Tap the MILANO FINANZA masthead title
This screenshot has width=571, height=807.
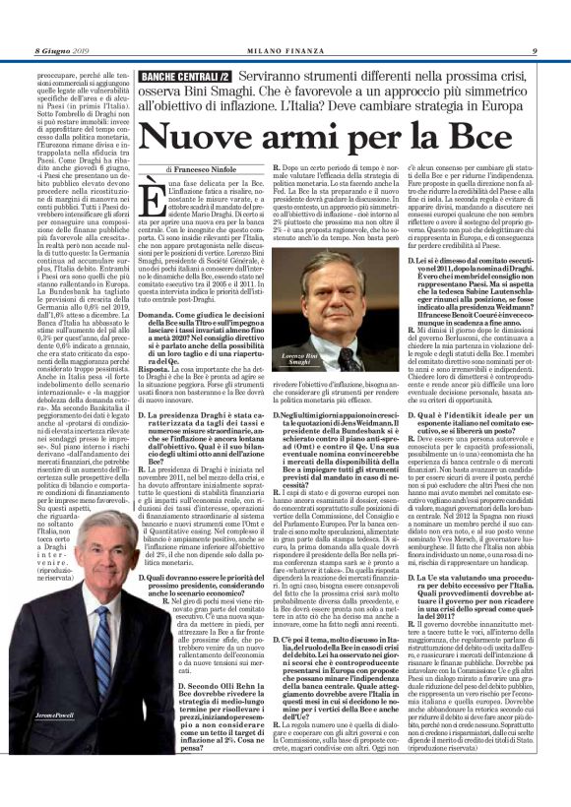(x=285, y=22)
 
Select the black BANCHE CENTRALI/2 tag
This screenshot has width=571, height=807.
(x=186, y=76)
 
